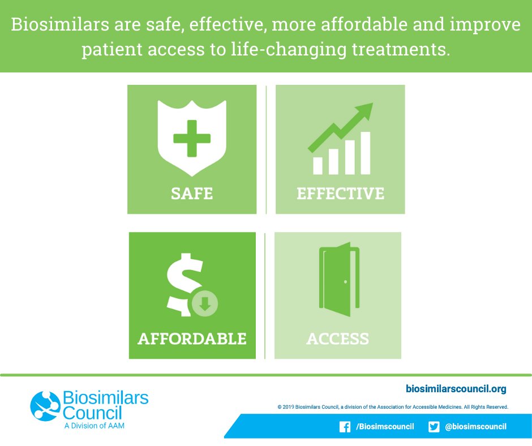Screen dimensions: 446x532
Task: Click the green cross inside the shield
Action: click(x=191, y=138)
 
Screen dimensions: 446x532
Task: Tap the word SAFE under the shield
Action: click(x=192, y=193)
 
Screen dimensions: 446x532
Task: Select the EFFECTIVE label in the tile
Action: click(x=340, y=193)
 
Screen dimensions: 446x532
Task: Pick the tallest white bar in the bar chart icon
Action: click(x=365, y=153)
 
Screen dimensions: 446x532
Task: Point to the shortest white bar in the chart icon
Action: click(x=318, y=165)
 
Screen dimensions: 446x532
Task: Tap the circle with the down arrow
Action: click(x=205, y=304)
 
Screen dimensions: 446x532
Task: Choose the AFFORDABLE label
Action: click(x=192, y=338)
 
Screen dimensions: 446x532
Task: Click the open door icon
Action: click(x=338, y=281)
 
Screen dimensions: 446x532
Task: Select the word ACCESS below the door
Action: click(x=338, y=338)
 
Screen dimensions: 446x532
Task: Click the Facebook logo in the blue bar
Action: click(x=345, y=427)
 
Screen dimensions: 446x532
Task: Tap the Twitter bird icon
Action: click(x=434, y=427)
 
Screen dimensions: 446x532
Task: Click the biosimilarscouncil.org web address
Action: click(x=456, y=389)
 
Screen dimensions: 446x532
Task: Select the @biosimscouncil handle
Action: click(x=475, y=427)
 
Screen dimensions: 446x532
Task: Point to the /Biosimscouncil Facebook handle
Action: click(x=385, y=427)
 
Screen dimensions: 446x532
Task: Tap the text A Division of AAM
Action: click(x=94, y=426)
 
